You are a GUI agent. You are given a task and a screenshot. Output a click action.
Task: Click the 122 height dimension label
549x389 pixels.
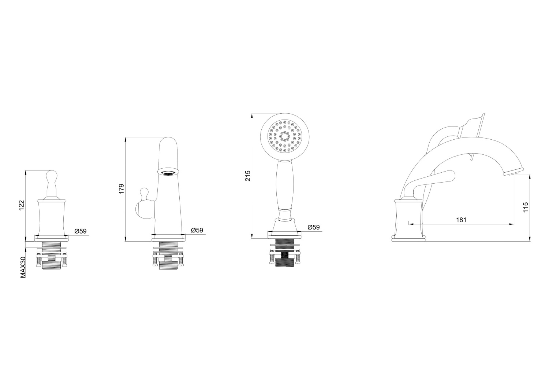pos(22,205)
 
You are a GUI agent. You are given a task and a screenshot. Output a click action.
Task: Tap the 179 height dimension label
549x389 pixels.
pos(122,188)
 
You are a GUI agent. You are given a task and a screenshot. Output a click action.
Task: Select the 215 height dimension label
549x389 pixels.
pos(248,176)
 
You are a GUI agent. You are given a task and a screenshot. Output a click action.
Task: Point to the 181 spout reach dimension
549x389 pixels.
pos(461,220)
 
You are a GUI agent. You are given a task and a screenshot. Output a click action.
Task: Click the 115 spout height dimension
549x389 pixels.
pos(526,207)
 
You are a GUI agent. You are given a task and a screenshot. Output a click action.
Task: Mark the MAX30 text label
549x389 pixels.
pos(23,268)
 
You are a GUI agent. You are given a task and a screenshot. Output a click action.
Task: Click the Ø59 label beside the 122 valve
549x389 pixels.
pos(81,231)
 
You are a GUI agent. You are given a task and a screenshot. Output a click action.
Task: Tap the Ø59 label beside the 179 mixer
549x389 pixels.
pos(197,230)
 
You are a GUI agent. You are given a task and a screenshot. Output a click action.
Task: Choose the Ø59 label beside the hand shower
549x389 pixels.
pos(314,227)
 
